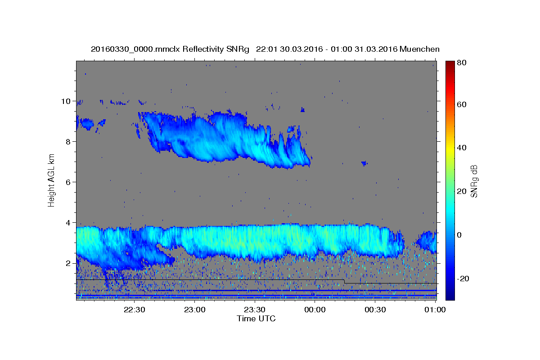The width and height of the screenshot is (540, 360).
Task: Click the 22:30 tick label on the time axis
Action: [134, 310]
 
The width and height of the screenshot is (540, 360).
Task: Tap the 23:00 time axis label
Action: [194, 310]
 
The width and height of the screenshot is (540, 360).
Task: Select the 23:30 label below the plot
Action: [255, 310]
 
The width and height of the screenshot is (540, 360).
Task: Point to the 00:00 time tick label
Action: [315, 310]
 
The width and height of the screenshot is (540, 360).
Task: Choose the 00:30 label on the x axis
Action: [375, 310]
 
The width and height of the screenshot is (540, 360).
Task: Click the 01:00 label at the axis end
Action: [435, 310]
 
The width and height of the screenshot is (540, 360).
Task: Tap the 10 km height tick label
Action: [66, 101]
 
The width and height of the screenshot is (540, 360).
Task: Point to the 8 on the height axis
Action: [68, 142]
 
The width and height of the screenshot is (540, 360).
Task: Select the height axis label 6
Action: [68, 182]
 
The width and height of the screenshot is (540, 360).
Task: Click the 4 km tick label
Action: [68, 223]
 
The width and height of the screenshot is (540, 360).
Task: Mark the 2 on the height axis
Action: [68, 263]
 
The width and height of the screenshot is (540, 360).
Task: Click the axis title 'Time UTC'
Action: [256, 319]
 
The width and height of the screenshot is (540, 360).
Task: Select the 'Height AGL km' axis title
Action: [51, 180]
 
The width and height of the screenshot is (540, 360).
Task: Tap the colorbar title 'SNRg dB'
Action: [474, 181]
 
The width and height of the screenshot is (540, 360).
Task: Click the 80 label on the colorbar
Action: [462, 63]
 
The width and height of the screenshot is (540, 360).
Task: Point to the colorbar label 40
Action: [462, 148]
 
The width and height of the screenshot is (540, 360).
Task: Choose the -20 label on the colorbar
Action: [463, 279]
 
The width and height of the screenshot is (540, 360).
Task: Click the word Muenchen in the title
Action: [419, 49]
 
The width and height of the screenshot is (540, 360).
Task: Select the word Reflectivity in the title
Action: [203, 49]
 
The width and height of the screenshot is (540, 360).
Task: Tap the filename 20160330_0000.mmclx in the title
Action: [135, 49]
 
